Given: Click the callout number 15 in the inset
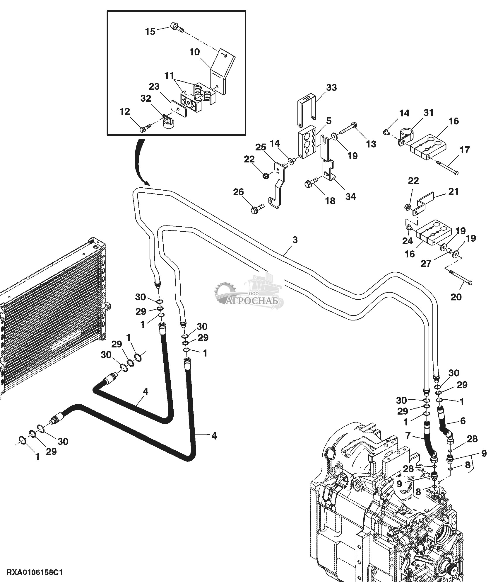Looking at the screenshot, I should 150,31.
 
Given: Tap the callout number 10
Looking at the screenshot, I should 194,52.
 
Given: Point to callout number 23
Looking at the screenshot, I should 154,86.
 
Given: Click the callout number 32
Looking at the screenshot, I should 146,98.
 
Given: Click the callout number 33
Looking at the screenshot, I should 331,87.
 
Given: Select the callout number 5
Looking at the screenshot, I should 329,121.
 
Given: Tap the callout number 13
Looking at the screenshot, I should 371,144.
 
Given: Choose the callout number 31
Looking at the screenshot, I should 429,113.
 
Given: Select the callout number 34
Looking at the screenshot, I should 350,196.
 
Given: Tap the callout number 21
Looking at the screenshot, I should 453,191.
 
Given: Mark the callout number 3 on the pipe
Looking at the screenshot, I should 295,240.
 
